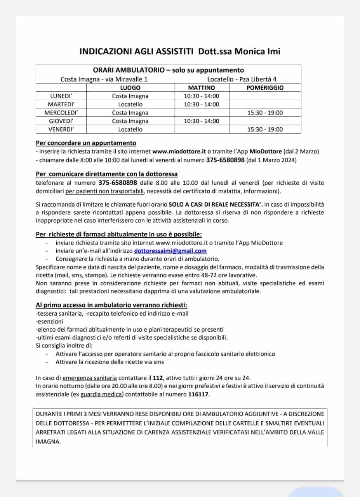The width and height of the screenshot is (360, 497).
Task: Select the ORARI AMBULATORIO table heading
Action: click(x=168, y=70)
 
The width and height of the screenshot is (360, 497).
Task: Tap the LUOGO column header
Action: click(x=130, y=88)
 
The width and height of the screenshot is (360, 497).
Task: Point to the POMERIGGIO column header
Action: click(x=265, y=88)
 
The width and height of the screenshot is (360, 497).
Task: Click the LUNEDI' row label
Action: click(x=61, y=96)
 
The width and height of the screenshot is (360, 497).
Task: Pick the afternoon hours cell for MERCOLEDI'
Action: click(x=265, y=113)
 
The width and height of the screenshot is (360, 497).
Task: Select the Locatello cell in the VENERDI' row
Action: click(x=130, y=130)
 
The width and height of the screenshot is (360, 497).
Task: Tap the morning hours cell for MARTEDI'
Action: click(x=201, y=104)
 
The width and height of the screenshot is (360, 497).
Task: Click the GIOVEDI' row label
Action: click(x=61, y=121)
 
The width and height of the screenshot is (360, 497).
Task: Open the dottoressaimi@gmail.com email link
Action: click(x=170, y=251)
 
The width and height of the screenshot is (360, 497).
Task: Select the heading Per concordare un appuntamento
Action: click(x=86, y=143)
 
